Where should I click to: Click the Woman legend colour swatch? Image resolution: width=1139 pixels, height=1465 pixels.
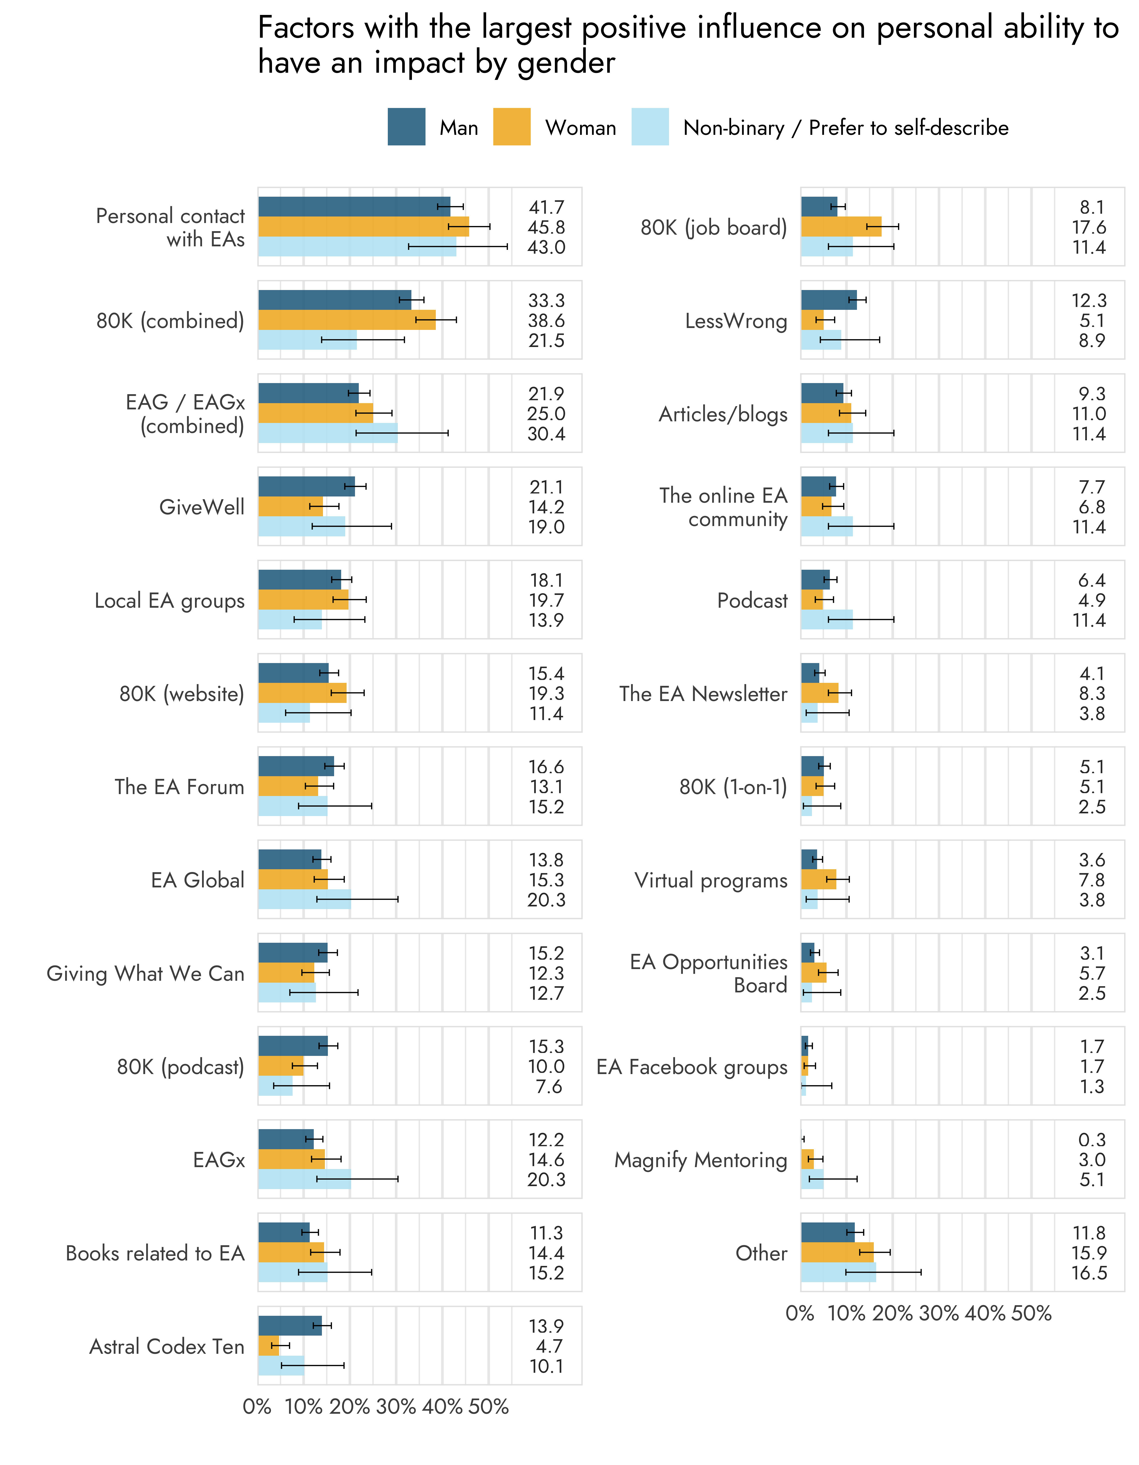(511, 127)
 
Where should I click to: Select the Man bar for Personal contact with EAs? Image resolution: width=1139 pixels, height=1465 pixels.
(354, 207)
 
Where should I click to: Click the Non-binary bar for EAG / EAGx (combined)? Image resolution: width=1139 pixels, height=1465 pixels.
(328, 433)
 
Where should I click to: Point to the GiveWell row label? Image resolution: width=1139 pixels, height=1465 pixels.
(202, 507)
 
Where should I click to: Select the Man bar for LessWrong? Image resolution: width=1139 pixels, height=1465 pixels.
(828, 300)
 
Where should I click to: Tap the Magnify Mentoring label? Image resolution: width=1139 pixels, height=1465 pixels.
(700, 1160)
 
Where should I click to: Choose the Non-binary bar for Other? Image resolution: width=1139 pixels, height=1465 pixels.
(838, 1272)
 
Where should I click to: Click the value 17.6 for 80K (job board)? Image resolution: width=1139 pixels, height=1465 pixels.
(1089, 227)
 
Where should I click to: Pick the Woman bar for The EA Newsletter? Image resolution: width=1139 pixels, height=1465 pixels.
(819, 693)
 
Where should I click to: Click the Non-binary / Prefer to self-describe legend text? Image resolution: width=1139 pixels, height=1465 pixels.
(845, 128)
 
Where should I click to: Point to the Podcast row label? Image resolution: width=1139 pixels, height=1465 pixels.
(752, 600)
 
